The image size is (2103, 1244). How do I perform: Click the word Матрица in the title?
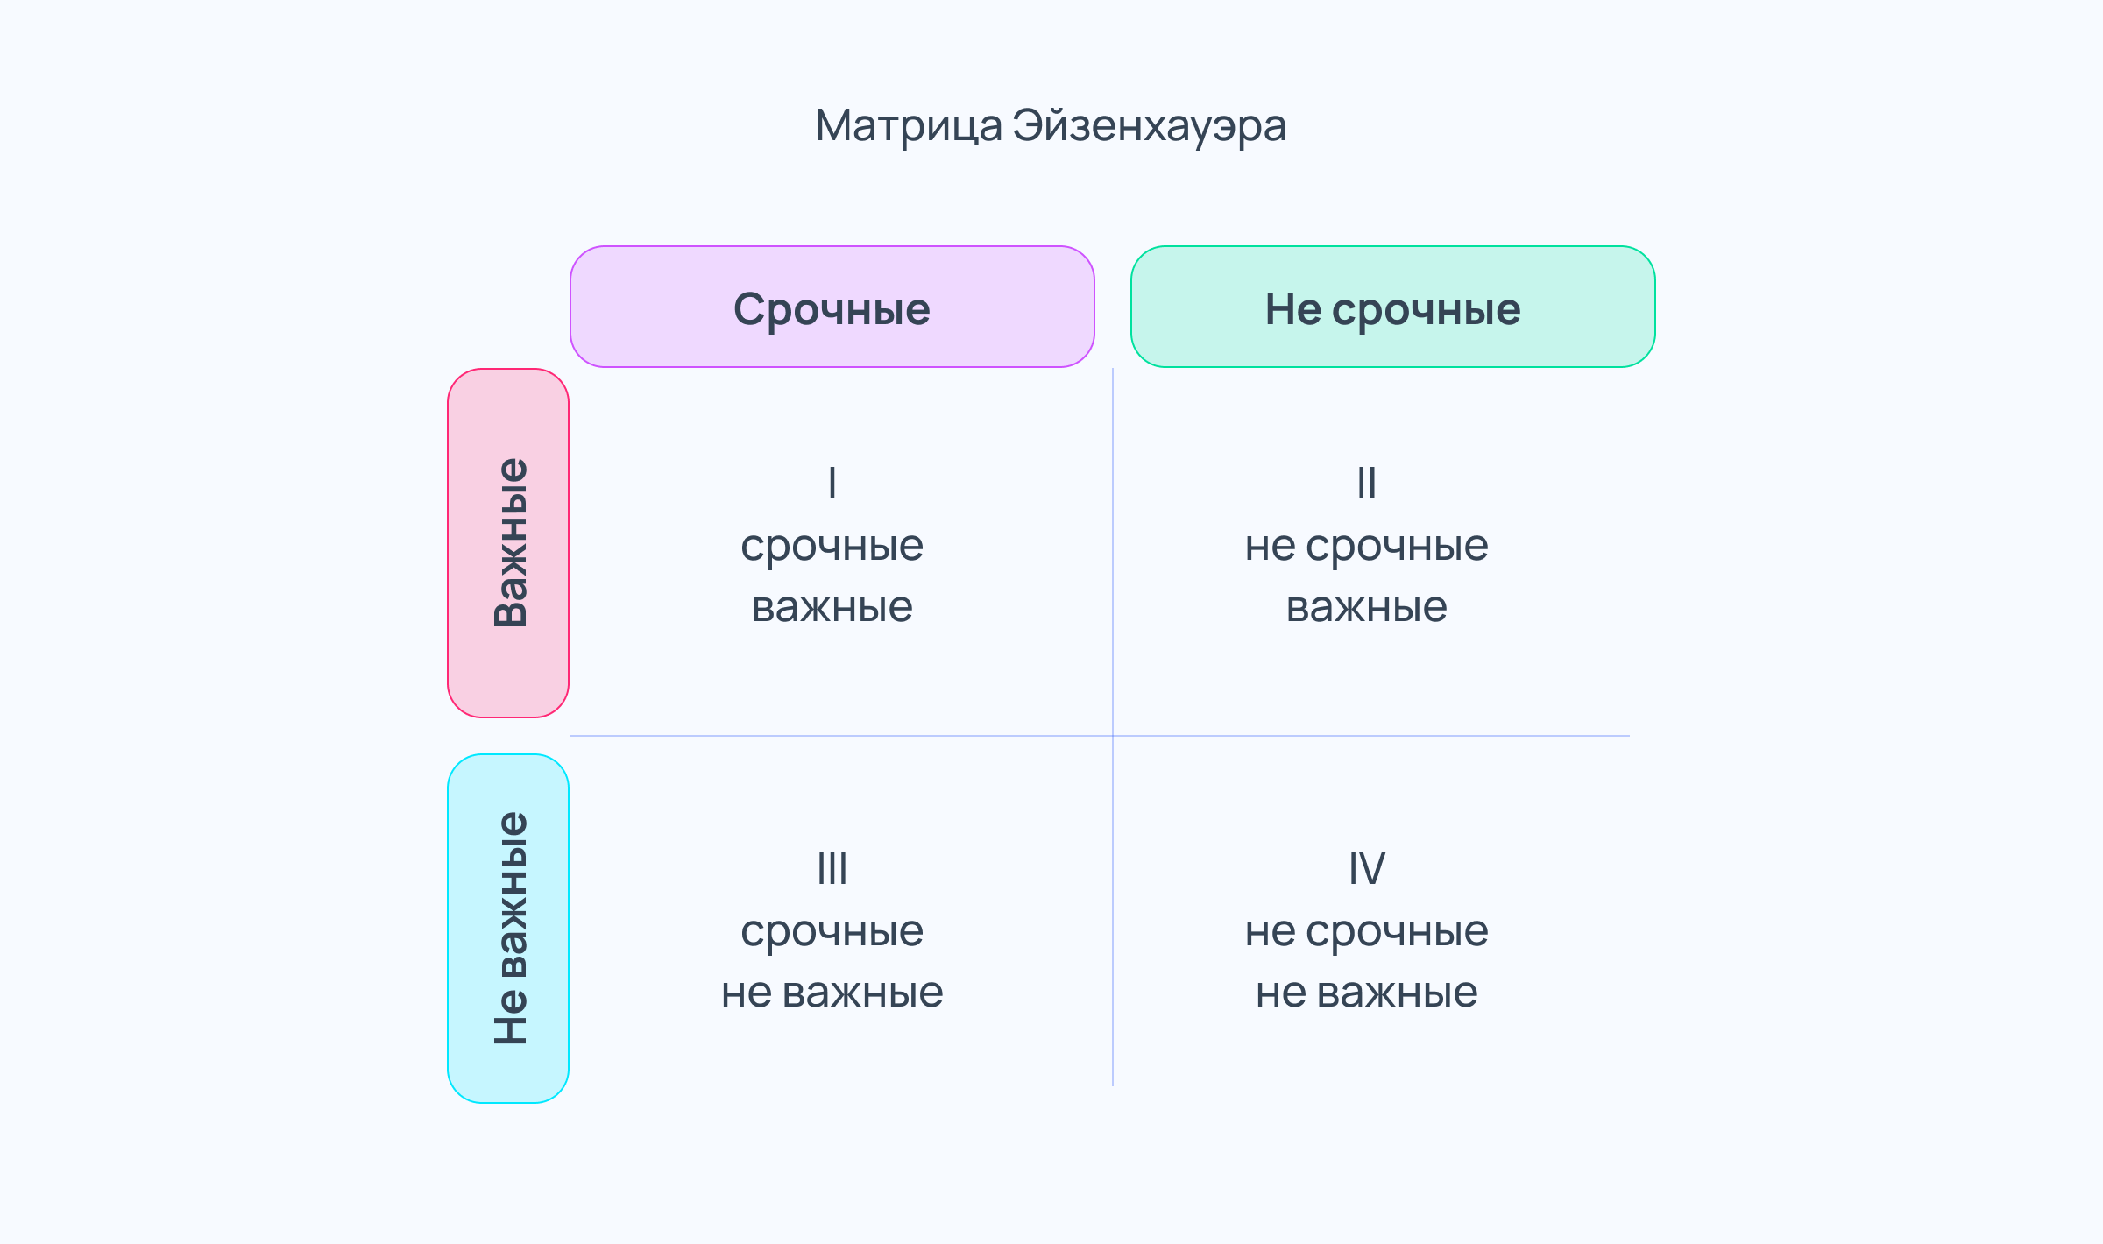[909, 126]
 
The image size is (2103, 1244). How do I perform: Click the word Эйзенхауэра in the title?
[1150, 126]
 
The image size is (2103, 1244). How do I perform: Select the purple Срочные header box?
[832, 307]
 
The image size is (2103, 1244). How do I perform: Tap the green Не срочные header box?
[1393, 307]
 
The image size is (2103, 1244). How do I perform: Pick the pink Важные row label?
[508, 543]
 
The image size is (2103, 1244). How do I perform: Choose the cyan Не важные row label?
[508, 929]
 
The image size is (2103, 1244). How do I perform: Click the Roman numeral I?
[832, 483]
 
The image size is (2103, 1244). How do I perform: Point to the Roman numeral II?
[1367, 483]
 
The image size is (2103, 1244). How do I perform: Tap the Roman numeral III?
[832, 868]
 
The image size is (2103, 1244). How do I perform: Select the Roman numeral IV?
[1367, 868]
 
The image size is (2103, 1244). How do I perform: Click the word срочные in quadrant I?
[832, 548]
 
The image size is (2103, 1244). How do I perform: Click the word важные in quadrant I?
[832, 607]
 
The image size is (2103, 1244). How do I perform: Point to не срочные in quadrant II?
[1367, 548]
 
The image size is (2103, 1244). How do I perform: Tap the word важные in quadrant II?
[1367, 607]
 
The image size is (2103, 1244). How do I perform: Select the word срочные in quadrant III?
[832, 933]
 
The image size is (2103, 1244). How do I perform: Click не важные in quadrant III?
[832, 993]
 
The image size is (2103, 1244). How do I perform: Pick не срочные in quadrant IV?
[1367, 933]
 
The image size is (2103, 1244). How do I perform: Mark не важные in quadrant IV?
[1367, 993]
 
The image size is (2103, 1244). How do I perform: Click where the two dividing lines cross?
[1113, 736]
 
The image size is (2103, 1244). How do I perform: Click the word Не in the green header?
[1292, 309]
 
